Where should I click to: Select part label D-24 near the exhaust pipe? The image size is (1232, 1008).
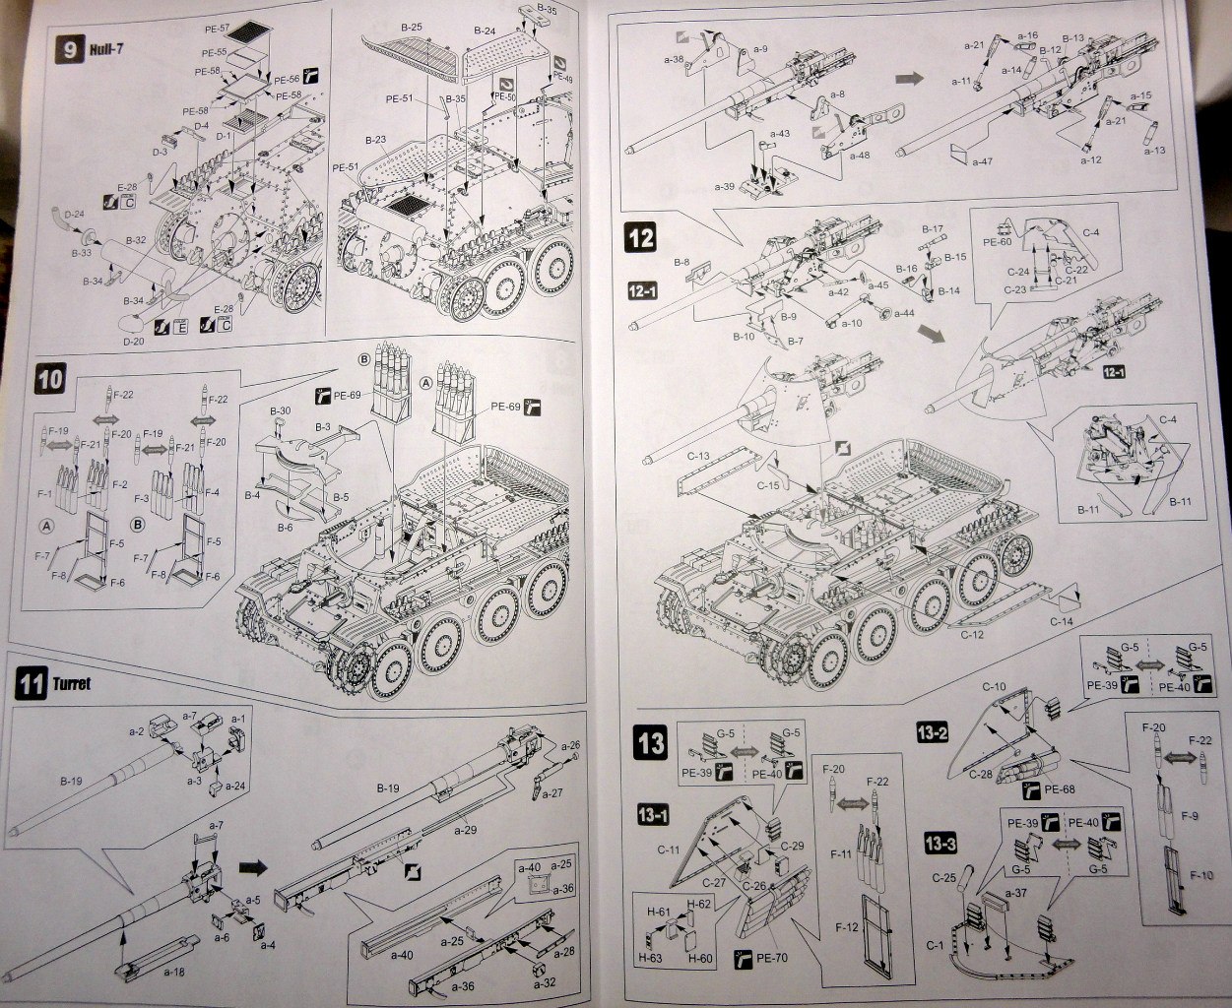point(74,213)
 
